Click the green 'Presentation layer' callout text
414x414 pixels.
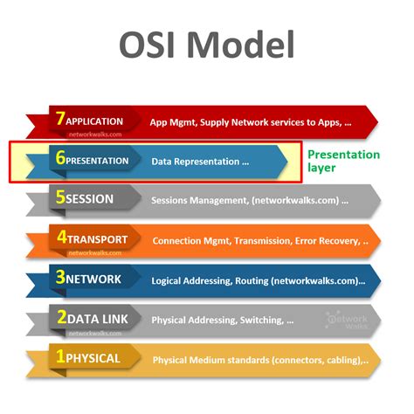point(342,161)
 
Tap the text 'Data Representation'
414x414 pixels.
point(194,162)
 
